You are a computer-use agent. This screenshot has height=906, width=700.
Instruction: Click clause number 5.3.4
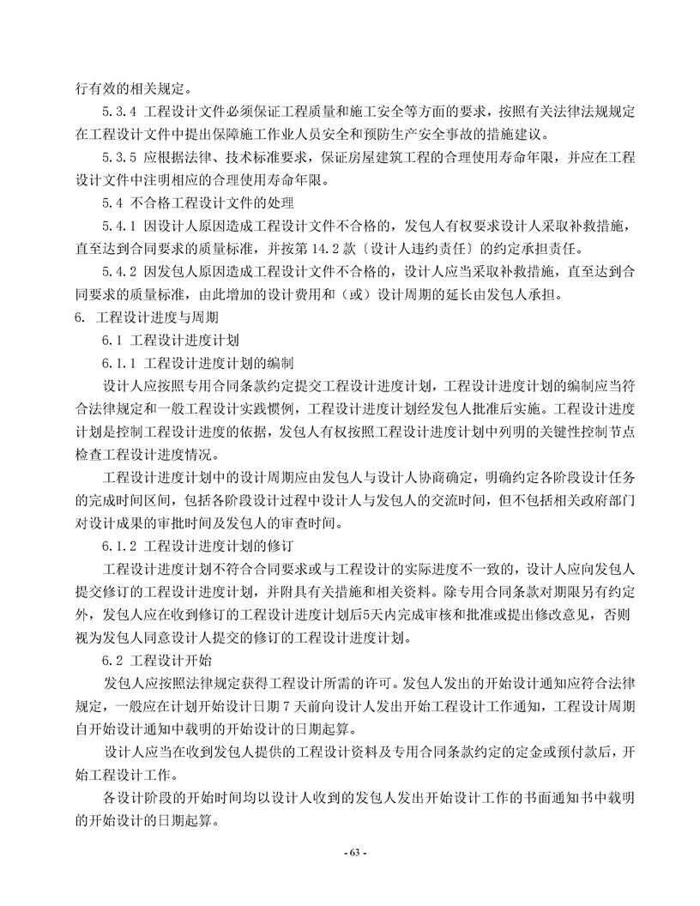coord(119,112)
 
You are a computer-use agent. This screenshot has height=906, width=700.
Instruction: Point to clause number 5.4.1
coord(119,226)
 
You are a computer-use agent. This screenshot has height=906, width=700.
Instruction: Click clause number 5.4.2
coord(119,272)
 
